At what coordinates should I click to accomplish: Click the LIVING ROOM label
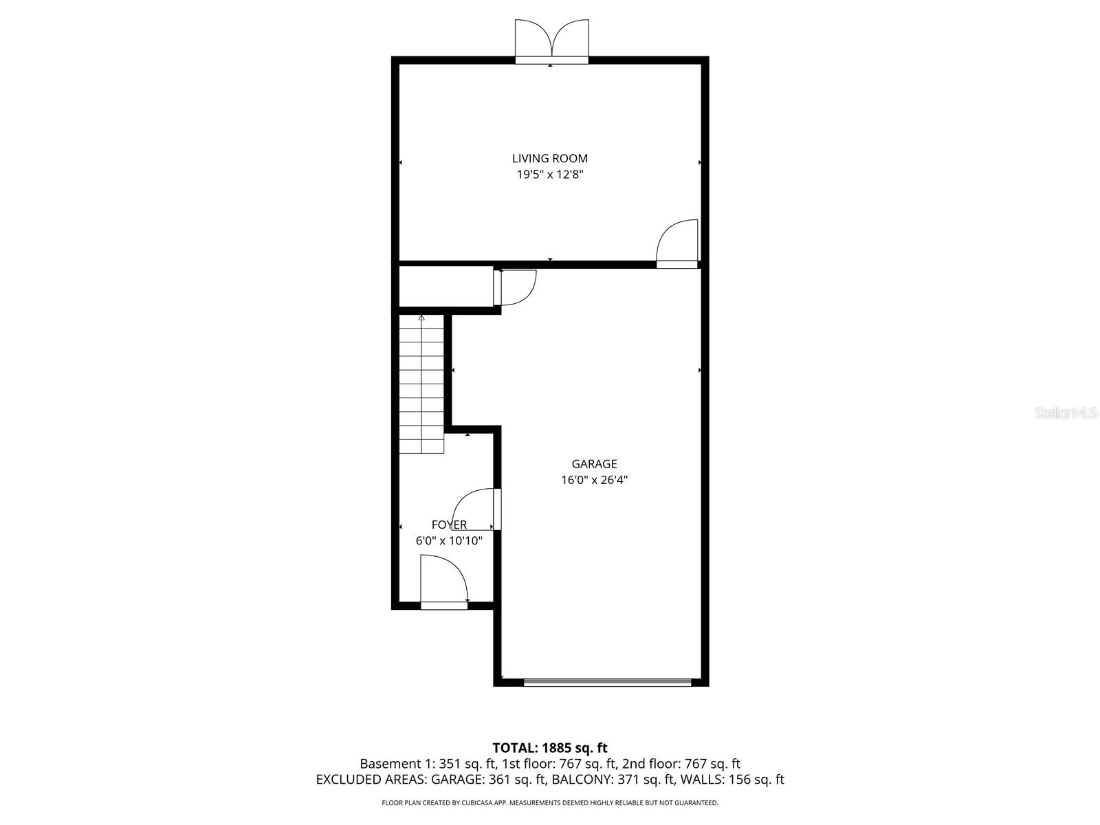tap(549, 159)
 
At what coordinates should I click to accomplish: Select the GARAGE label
tap(594, 464)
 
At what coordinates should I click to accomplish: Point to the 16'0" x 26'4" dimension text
tap(594, 480)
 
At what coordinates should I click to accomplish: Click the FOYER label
tap(449, 525)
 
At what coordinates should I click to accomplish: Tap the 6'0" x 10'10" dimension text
tap(449, 541)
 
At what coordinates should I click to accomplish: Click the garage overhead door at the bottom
tap(607, 682)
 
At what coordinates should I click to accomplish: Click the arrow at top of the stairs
tap(421, 318)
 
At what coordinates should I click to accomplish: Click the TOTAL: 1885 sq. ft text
tap(549, 748)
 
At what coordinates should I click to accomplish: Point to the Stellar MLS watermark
tap(1066, 413)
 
